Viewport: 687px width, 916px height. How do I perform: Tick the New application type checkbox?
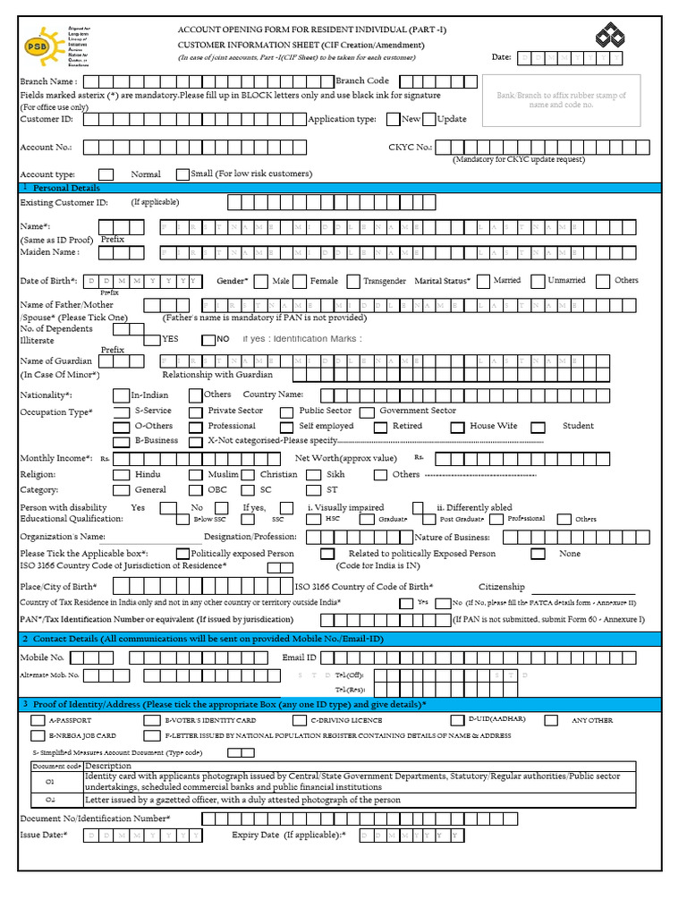point(394,119)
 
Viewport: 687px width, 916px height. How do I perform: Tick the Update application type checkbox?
point(429,119)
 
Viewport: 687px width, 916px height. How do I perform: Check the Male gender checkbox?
point(261,282)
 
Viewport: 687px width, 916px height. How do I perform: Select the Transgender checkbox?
point(354,282)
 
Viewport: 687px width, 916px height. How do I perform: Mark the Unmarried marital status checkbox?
point(537,282)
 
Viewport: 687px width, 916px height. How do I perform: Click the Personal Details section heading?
point(66,188)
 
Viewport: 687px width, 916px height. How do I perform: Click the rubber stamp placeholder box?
point(561,100)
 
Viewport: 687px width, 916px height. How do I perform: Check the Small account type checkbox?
point(183,174)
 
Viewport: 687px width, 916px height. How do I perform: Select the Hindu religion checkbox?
point(120,475)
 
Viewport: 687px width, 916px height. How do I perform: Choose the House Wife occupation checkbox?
point(457,428)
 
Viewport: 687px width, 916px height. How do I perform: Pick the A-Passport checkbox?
point(38,720)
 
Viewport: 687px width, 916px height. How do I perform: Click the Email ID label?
point(299,657)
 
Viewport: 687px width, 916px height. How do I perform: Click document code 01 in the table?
point(50,781)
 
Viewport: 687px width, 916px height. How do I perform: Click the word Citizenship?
point(501,586)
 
